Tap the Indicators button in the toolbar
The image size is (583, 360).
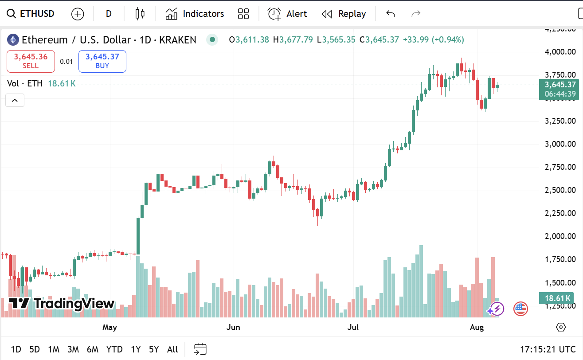point(195,14)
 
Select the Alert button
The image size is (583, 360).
point(288,14)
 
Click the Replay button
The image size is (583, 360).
point(344,14)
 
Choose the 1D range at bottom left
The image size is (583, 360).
point(16,349)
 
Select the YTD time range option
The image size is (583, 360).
point(114,349)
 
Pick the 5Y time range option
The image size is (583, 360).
point(154,349)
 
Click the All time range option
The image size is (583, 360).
point(172,349)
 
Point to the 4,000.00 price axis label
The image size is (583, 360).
point(560,52)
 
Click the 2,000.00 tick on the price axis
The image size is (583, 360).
point(560,236)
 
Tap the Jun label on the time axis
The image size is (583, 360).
point(233,328)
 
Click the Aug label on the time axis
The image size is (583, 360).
point(477,328)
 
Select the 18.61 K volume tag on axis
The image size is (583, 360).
point(554,298)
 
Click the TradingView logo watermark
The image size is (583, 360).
point(62,304)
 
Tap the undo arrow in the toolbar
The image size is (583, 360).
point(391,14)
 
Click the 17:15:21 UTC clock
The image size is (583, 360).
point(548,349)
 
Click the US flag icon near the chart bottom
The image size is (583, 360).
point(520,309)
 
